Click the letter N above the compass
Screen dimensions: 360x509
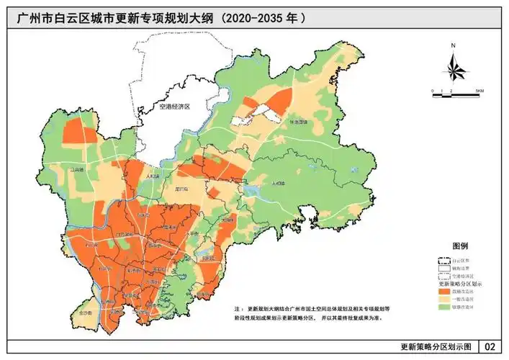(454, 45)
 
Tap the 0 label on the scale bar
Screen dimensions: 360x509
(433, 91)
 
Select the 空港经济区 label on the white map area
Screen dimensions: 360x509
(174, 107)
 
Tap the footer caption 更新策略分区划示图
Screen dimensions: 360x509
(436, 347)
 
